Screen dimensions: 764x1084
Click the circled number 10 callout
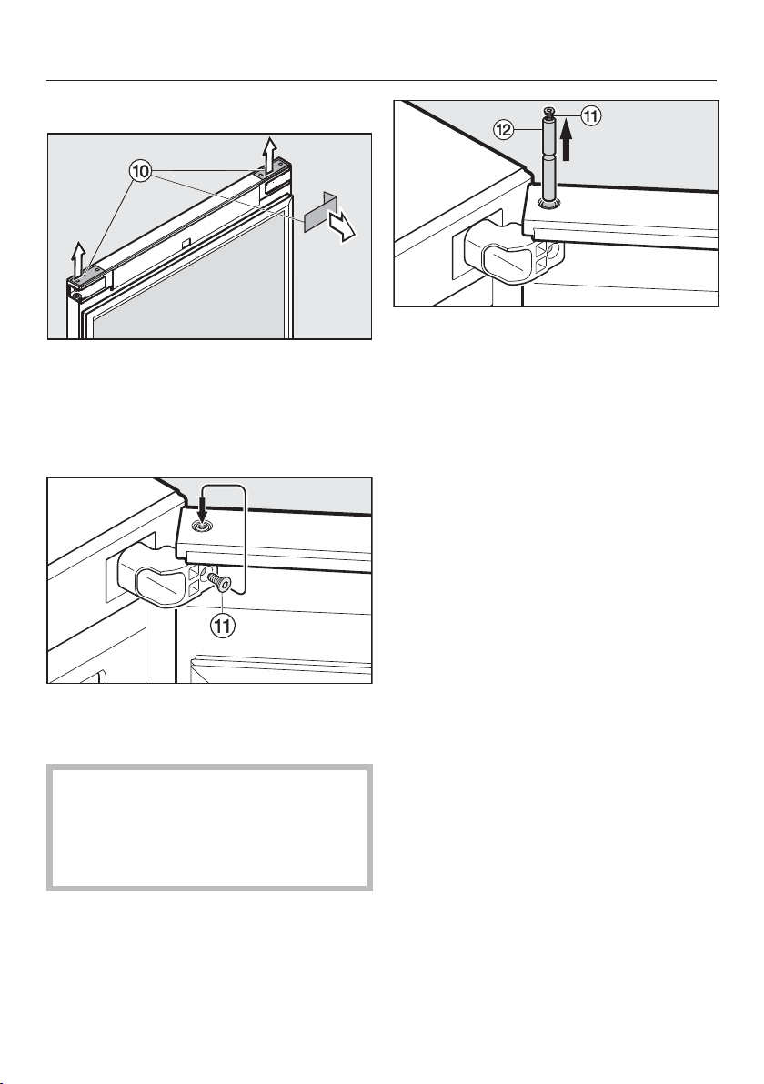click(x=140, y=172)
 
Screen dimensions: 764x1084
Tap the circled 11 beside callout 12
click(x=591, y=116)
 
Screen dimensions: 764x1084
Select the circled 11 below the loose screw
click(x=223, y=627)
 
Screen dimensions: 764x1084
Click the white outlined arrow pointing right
click(x=342, y=226)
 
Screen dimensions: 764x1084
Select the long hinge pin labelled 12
click(x=549, y=158)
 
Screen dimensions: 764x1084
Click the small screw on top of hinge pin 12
click(x=548, y=111)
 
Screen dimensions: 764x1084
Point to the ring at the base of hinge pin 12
click(x=549, y=203)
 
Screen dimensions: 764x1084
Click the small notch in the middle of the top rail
click(x=185, y=244)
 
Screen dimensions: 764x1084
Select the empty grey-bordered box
click(x=209, y=827)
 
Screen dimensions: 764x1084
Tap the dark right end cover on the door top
click(x=272, y=175)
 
